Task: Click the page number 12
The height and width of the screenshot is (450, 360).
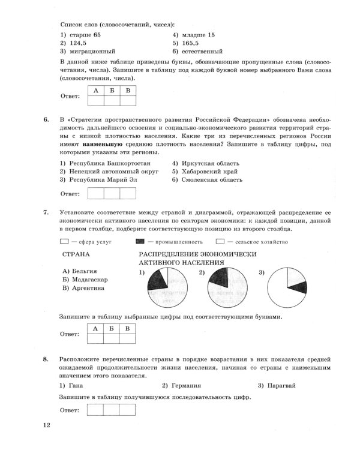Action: (47, 426)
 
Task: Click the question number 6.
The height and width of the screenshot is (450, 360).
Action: (46, 119)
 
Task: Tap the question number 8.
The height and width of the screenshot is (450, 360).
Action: (46, 359)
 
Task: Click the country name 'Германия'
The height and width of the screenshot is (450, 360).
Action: (184, 386)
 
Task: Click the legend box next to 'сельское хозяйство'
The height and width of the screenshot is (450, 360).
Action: (254, 242)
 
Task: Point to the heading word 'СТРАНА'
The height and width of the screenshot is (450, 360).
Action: (76, 254)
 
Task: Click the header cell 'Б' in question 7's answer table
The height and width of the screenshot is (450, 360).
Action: (111, 328)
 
